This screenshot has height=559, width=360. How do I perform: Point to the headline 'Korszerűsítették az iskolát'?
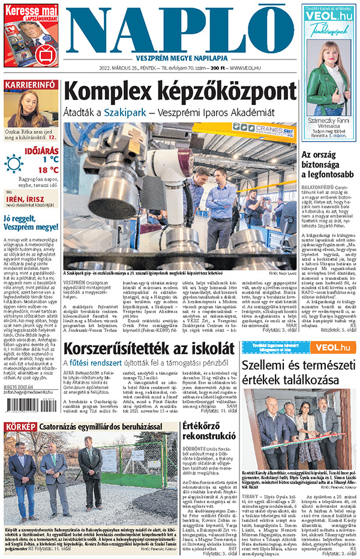(149, 348)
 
